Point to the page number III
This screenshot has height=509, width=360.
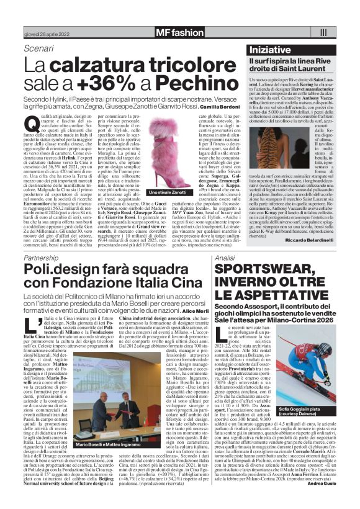click(323, 32)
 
